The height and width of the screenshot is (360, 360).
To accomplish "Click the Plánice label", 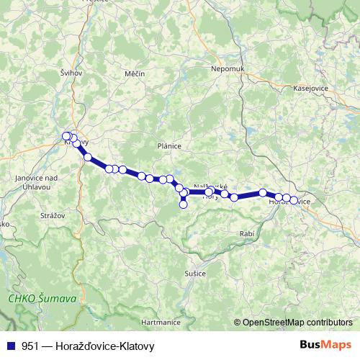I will click(169, 145).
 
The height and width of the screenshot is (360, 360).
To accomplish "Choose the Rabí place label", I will click(246, 235).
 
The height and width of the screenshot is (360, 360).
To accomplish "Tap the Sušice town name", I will click(195, 274).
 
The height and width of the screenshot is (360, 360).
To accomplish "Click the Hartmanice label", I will click(160, 322).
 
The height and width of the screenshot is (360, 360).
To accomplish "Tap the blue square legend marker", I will click(9, 346).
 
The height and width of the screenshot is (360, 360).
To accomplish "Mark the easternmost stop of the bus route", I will click(294, 200).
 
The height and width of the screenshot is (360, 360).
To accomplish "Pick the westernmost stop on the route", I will click(67, 136).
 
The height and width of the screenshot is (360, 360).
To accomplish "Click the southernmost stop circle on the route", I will click(183, 204).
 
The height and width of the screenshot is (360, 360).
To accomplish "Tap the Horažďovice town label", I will click(289, 202).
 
